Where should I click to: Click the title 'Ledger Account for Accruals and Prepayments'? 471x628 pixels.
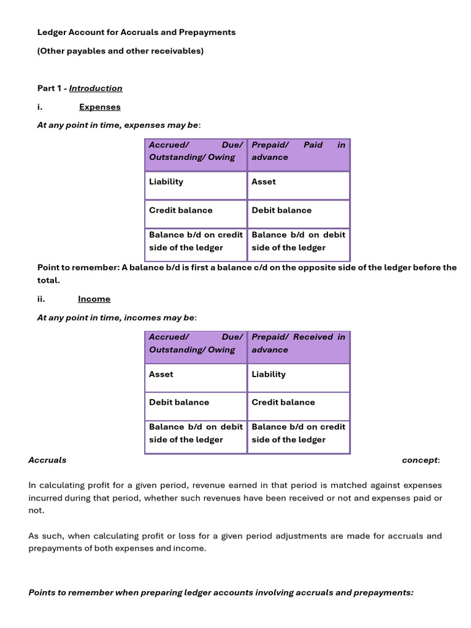coord(136,32)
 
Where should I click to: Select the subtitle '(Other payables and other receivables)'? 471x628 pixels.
coord(120,51)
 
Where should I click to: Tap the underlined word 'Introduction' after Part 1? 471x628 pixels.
coord(96,88)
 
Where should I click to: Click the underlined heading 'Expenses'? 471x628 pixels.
coord(100,107)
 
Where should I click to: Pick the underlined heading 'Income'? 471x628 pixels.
coord(94,299)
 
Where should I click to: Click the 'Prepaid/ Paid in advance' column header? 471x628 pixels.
coord(298,151)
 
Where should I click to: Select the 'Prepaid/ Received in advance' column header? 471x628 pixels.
coord(298,343)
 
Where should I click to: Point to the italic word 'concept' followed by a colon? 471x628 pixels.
coord(420,460)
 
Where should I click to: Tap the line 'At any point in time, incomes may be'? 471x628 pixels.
coord(117,318)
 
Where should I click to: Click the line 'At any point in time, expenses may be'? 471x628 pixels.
coord(118,125)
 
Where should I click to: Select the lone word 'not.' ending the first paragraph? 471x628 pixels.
coord(37,510)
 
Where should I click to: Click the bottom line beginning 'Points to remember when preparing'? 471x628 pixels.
coord(221,592)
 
